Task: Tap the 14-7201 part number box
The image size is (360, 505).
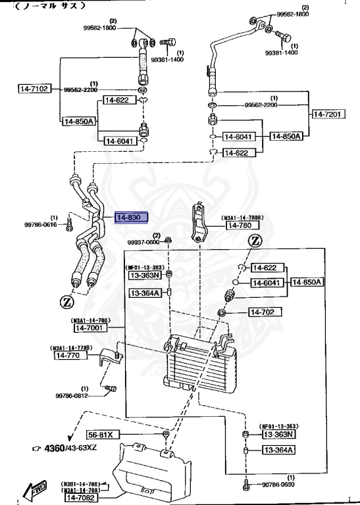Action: pyautogui.click(x=327, y=114)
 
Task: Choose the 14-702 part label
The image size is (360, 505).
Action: pyautogui.click(x=265, y=311)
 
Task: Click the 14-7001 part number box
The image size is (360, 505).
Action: pyautogui.click(x=90, y=327)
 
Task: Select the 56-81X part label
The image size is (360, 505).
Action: pyautogui.click(x=104, y=435)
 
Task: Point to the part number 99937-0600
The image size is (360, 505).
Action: pyautogui.click(x=144, y=242)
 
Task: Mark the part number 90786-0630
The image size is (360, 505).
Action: pyautogui.click(x=280, y=485)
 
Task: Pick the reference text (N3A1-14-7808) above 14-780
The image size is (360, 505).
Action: pyautogui.click(x=243, y=217)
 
